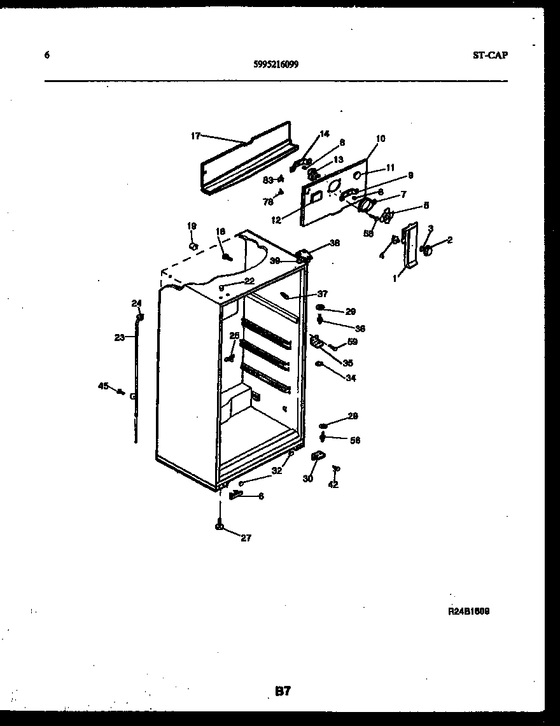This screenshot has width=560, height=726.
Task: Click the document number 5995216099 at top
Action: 276,64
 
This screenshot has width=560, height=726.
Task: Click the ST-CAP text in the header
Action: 490,55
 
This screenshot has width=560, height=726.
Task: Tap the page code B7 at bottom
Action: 283,690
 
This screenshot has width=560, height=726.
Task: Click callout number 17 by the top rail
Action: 196,136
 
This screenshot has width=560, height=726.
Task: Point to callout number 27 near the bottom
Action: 246,538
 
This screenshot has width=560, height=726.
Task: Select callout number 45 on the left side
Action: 102,385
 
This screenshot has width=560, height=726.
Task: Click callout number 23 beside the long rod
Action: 120,338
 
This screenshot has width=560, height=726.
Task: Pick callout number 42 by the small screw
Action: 333,484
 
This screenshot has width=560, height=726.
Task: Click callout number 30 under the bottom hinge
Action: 307,478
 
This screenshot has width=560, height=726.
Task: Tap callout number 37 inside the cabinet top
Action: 323,293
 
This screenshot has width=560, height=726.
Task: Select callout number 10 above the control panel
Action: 381,138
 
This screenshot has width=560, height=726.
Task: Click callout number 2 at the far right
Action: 449,240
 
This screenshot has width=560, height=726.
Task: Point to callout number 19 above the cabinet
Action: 192,226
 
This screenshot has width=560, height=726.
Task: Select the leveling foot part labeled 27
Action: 220,526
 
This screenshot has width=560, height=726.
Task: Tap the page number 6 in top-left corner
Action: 46,55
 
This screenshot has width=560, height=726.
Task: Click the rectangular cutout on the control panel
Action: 314,198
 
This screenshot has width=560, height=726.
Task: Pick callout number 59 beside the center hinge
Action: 352,342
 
